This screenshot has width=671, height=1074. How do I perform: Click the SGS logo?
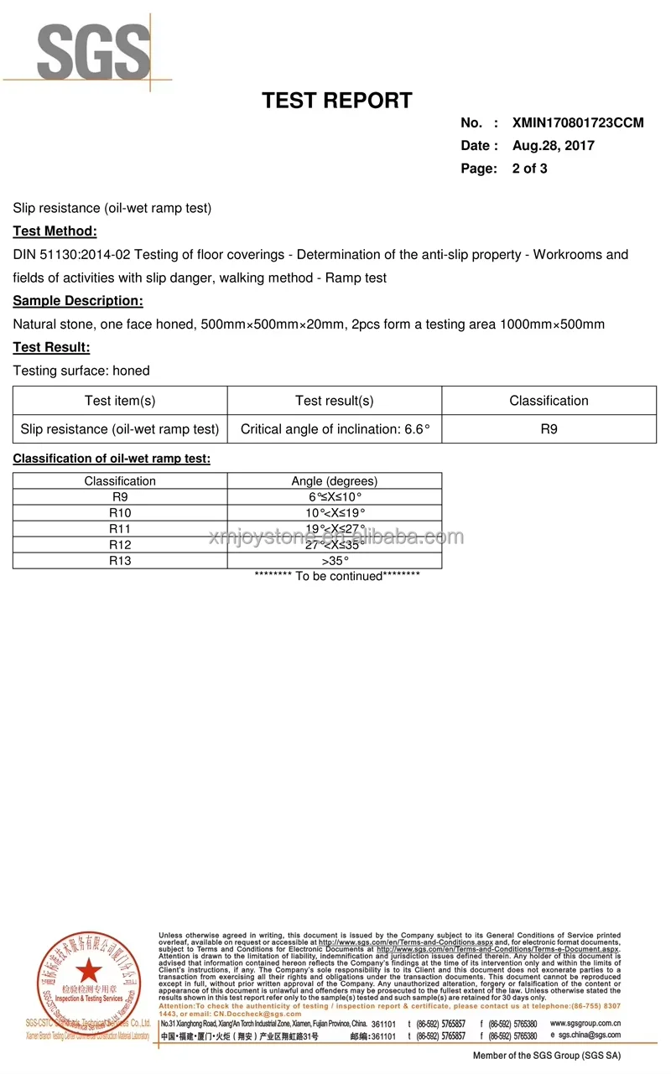click(92, 52)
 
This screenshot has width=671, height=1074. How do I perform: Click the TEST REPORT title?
click(336, 101)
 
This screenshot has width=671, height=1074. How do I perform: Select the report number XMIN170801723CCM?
click(578, 122)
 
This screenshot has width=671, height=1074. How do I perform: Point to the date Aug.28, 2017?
click(553, 145)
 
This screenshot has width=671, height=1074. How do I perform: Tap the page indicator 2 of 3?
click(529, 169)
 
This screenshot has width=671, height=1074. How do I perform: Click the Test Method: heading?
click(55, 231)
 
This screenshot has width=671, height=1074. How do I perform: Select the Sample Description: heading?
click(78, 301)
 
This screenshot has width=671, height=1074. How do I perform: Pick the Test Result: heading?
click(51, 347)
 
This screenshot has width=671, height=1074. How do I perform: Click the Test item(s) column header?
click(120, 401)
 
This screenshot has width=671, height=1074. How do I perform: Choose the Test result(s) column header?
click(334, 401)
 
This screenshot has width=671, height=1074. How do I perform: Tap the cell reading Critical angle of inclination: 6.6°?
click(334, 429)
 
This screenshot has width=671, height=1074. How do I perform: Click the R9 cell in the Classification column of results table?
click(549, 429)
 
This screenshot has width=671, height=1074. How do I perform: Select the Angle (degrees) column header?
click(334, 481)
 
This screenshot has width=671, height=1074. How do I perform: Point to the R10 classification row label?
click(120, 513)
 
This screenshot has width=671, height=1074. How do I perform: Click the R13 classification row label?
click(120, 561)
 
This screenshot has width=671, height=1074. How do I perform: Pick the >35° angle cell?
click(334, 561)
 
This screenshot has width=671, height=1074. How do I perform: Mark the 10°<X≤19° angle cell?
click(334, 513)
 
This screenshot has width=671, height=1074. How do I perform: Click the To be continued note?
click(336, 576)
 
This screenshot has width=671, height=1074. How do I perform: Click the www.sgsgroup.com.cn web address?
click(585, 1024)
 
